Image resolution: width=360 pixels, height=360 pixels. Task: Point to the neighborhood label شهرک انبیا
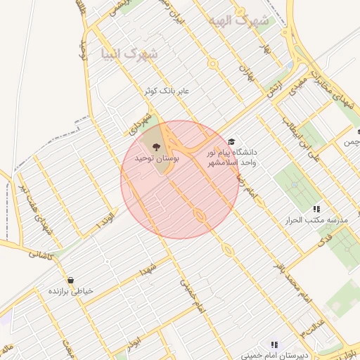coord(129,53)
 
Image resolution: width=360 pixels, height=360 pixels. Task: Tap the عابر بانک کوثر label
coord(169,91)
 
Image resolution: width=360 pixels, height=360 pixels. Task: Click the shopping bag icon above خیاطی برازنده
coord(70,279)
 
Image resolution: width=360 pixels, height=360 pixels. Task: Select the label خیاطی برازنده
coord(72,291)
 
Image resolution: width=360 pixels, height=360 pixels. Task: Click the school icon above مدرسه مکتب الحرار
coord(316,209)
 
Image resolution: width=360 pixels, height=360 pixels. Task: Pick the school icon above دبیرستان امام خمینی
coord(274,345)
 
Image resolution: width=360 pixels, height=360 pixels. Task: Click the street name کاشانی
coord(40,255)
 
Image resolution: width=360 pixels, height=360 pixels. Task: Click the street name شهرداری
coord(139,123)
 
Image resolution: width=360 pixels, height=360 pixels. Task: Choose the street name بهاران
coord(245,69)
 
